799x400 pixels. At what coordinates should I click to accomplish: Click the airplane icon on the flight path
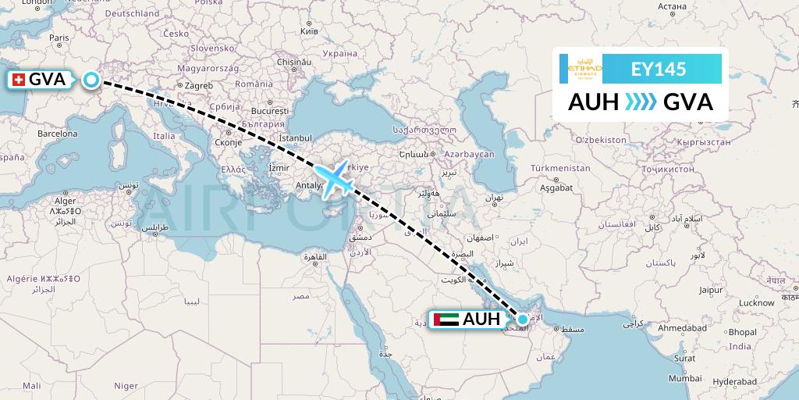click(333, 179)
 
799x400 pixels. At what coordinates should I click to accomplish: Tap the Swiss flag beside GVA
click(19, 80)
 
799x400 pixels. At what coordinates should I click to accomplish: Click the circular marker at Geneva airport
click(92, 80)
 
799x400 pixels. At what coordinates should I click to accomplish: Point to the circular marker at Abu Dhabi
click(522, 319)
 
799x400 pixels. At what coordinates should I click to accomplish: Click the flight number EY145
click(658, 69)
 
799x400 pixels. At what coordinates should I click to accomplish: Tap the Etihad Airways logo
click(585, 69)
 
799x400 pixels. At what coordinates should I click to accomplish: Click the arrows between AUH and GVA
click(641, 102)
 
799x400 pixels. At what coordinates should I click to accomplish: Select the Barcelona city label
click(57, 134)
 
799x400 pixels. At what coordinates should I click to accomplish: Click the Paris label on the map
click(59, 37)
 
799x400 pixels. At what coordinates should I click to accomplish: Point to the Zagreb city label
click(198, 85)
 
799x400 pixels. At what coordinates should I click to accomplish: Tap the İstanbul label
click(295, 138)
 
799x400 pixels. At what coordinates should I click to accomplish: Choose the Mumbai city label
click(687, 378)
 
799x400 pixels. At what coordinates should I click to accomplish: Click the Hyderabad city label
click(733, 381)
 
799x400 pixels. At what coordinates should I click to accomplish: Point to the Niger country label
click(126, 385)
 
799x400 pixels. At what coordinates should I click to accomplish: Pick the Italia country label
click(164, 136)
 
